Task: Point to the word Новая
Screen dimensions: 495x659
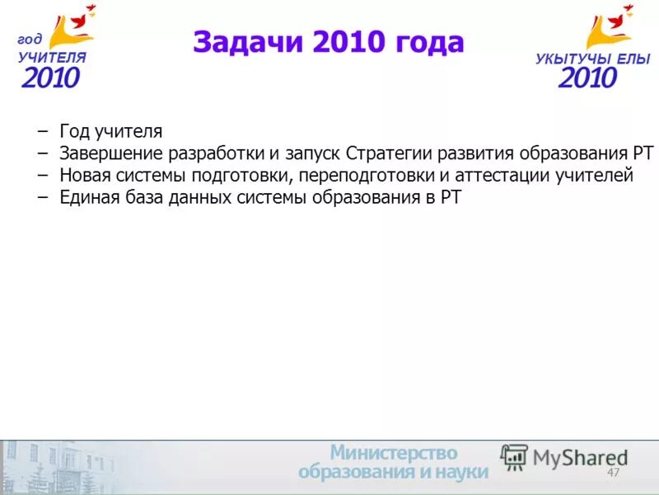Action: [x=84, y=175]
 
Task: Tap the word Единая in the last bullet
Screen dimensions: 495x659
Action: [x=88, y=197]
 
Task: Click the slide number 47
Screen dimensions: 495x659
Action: [x=613, y=473]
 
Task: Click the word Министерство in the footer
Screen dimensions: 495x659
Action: [x=394, y=453]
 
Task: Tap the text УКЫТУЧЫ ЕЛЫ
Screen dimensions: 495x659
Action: [x=592, y=59]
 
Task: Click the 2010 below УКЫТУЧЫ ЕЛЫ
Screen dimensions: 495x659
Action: [x=587, y=78]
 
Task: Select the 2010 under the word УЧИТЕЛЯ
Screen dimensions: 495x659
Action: [x=51, y=78]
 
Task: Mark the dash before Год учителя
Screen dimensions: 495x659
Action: [x=42, y=132]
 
